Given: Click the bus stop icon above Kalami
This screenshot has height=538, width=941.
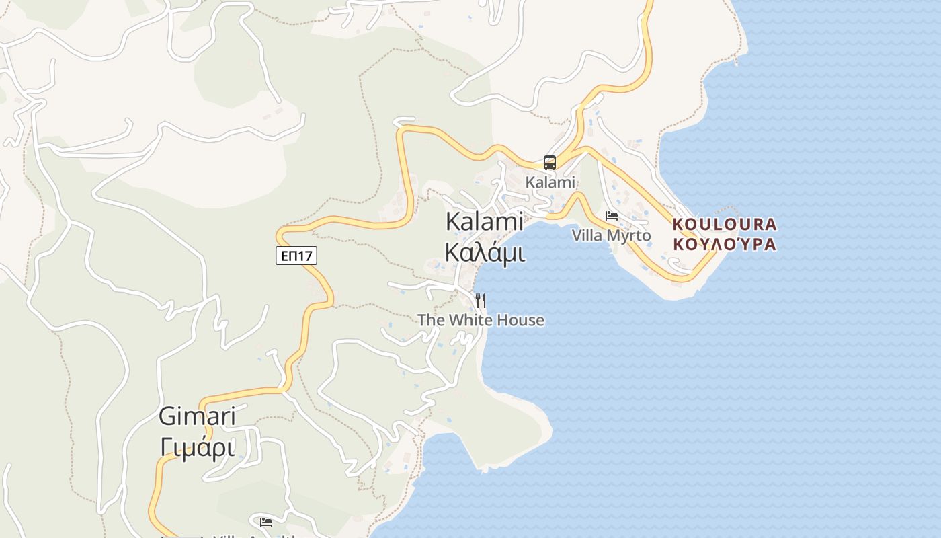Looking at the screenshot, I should pyautogui.click(x=550, y=162).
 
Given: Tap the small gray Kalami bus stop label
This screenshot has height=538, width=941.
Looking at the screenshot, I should pyautogui.click(x=550, y=182).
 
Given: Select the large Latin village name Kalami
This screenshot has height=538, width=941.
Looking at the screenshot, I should pyautogui.click(x=485, y=221).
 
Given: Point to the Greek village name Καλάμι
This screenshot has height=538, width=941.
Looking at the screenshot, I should pyautogui.click(x=485, y=252).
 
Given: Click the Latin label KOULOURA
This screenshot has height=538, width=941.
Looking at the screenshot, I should pyautogui.click(x=725, y=225).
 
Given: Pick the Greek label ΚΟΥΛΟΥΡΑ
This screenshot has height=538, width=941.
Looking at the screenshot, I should pyautogui.click(x=725, y=244).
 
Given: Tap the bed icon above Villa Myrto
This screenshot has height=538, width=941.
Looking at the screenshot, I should pyautogui.click(x=612, y=216).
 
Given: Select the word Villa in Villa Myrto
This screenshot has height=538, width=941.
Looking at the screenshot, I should pyautogui.click(x=587, y=235).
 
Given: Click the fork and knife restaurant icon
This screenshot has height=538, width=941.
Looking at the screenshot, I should pyautogui.click(x=481, y=300).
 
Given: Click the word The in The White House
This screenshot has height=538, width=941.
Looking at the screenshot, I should pyautogui.click(x=431, y=320).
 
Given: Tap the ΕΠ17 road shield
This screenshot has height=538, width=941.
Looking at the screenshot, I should pyautogui.click(x=296, y=256).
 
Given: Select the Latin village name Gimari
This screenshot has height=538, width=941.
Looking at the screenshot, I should pyautogui.click(x=197, y=416).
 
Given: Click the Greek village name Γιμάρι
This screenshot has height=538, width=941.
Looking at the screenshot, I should pyautogui.click(x=197, y=447).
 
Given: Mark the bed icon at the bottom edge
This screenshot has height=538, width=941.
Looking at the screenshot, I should pyautogui.click(x=266, y=522).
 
